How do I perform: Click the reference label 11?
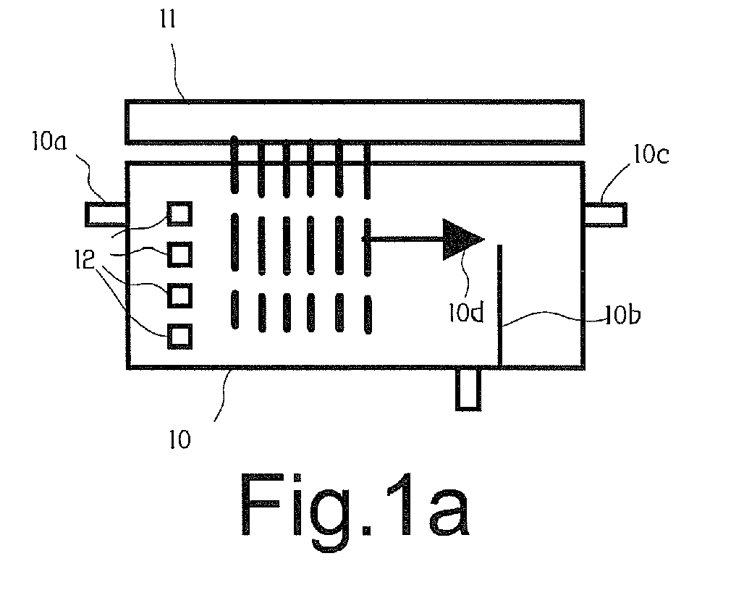(x=168, y=20)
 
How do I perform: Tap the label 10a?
(x=49, y=141)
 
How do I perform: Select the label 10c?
(x=651, y=154)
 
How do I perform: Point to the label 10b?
(x=623, y=314)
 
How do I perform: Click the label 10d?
(x=466, y=312)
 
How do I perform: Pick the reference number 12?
(x=85, y=260)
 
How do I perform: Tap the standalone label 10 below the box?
(x=179, y=439)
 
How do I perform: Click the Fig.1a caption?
(x=355, y=511)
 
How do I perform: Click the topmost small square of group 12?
(x=179, y=214)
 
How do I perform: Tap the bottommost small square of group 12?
(x=179, y=337)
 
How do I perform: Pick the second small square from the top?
(x=179, y=254)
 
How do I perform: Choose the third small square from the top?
(x=179, y=295)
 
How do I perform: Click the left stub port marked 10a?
(x=106, y=214)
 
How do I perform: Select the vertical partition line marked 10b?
(x=499, y=305)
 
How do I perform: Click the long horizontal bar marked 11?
(x=355, y=122)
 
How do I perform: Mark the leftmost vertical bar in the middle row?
(x=235, y=242)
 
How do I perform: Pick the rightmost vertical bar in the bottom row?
(x=368, y=314)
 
